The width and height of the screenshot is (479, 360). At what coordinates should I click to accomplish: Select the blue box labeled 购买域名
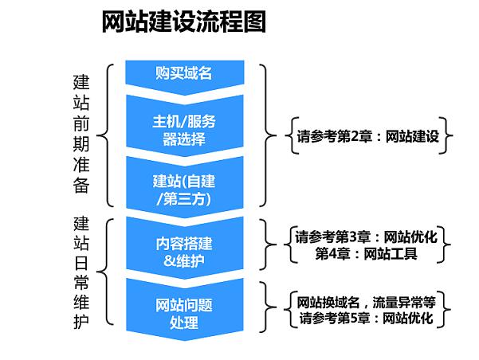click(183, 74)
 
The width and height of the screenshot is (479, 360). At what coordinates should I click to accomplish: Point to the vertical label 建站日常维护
click(81, 272)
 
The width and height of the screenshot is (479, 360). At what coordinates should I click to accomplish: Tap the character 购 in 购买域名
click(162, 74)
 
